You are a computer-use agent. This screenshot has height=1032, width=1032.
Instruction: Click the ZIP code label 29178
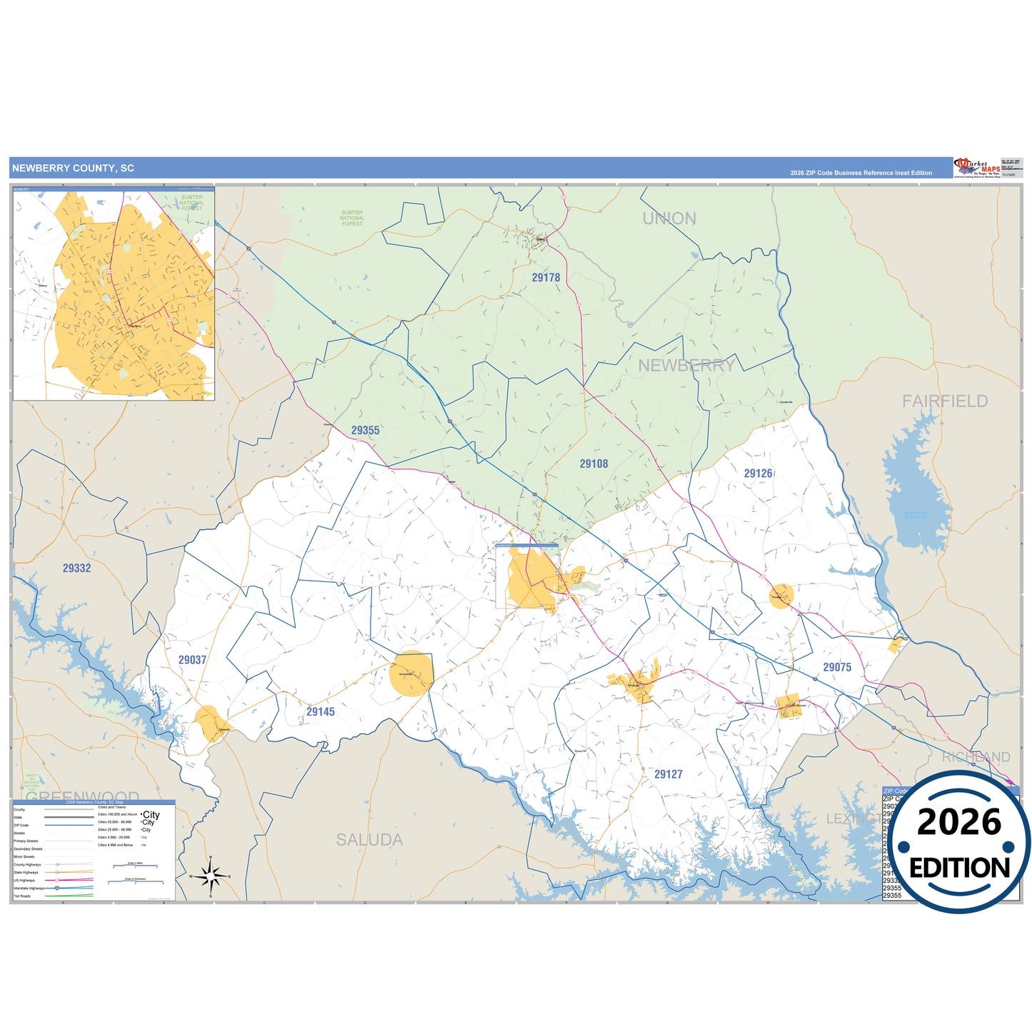coord(546,277)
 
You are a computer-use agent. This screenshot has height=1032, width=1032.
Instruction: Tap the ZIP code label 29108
coord(593,464)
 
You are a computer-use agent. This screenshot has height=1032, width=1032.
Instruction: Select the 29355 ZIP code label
coord(365,430)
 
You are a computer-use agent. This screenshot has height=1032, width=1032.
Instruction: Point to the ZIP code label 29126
coord(758,473)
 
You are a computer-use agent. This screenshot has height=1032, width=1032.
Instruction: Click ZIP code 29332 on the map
coord(76,568)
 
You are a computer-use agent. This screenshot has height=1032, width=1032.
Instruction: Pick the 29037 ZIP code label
coord(192,660)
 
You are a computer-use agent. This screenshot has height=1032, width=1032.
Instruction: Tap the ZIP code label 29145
coord(320,711)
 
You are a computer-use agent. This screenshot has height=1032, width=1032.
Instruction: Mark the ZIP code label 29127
coord(668,774)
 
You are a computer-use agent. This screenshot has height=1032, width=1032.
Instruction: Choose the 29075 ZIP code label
coord(837,667)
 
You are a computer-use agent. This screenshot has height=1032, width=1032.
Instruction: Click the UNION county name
coord(669,219)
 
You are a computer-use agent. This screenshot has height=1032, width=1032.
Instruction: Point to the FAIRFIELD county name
coord(944,401)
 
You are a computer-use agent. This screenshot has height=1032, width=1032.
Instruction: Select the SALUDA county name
coord(369,840)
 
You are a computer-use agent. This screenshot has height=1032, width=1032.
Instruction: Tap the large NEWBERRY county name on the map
coord(686,366)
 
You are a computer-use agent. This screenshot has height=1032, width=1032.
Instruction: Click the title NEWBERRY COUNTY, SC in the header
coord(73,169)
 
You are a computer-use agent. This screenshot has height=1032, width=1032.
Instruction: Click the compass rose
coord(210,876)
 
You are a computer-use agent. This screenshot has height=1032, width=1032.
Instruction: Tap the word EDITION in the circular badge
coord(959,868)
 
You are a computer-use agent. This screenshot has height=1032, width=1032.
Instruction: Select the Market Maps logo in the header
coord(977,168)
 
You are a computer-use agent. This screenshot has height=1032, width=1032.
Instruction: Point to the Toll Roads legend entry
coord(22,896)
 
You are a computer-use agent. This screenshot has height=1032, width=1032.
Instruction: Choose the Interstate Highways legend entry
coord(29,888)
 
